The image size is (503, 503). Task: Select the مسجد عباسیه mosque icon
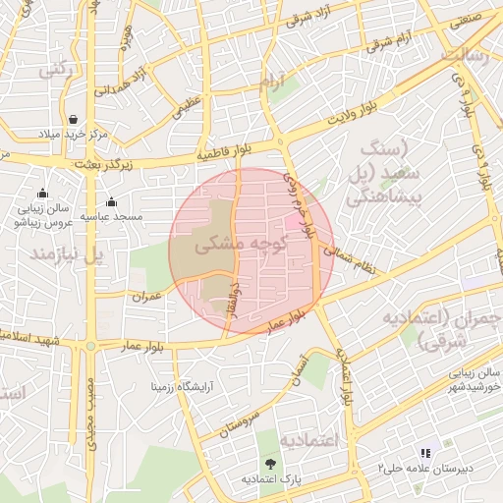click(111, 201)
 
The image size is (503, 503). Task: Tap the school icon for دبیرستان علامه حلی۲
click(425, 453)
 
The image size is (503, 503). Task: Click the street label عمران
click(146, 295)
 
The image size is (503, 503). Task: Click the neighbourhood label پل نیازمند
click(68, 254)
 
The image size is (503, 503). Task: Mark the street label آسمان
click(299, 365)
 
